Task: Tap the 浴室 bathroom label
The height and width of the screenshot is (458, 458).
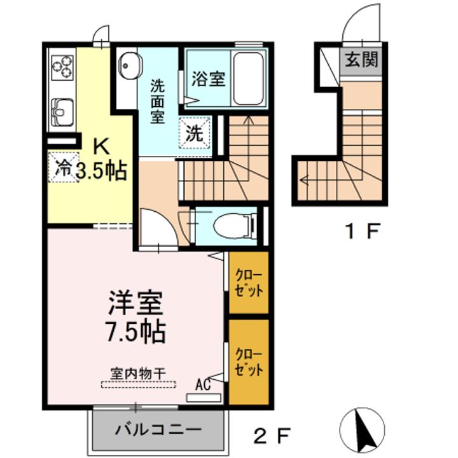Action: (209, 80)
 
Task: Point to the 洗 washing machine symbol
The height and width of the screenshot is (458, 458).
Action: (195, 134)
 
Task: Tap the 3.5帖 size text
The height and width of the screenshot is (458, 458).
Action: (102, 170)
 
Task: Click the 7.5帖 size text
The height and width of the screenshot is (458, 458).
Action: (135, 331)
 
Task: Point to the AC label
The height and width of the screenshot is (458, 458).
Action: (203, 384)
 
